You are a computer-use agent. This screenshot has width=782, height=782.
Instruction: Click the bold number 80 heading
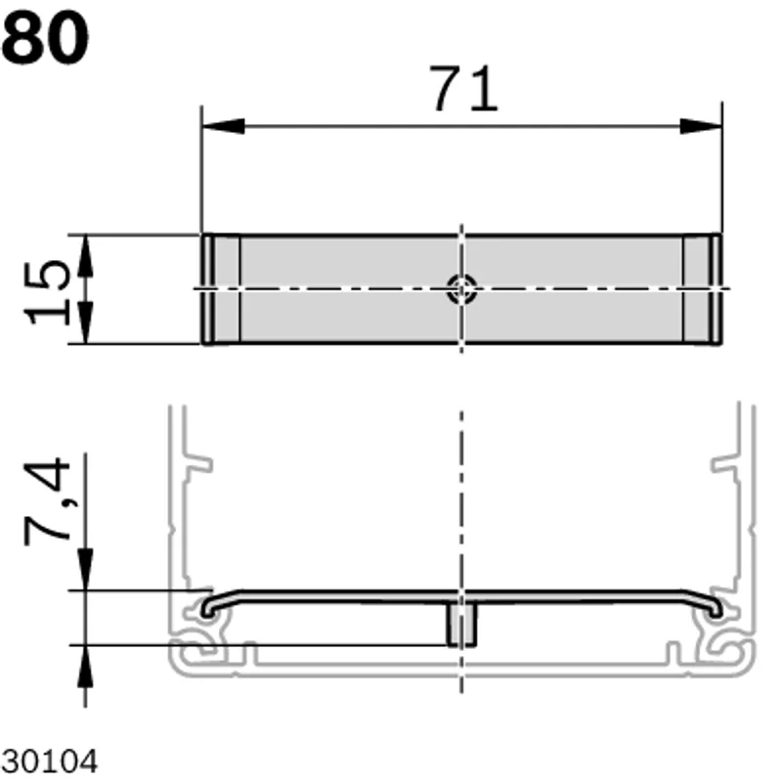click(45, 39)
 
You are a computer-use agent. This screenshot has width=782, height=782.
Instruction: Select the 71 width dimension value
click(464, 89)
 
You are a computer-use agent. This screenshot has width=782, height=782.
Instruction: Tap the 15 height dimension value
click(47, 292)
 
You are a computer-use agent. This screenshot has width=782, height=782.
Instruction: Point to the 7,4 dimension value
click(47, 501)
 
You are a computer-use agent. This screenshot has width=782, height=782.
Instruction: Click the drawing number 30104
click(50, 761)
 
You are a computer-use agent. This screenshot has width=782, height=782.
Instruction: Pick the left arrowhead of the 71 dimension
click(223, 126)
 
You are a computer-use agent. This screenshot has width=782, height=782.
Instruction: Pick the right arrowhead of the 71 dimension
click(701, 126)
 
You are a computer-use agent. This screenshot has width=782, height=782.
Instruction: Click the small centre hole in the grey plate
click(461, 288)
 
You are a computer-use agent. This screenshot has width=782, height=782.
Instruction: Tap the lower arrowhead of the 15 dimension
click(86, 323)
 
